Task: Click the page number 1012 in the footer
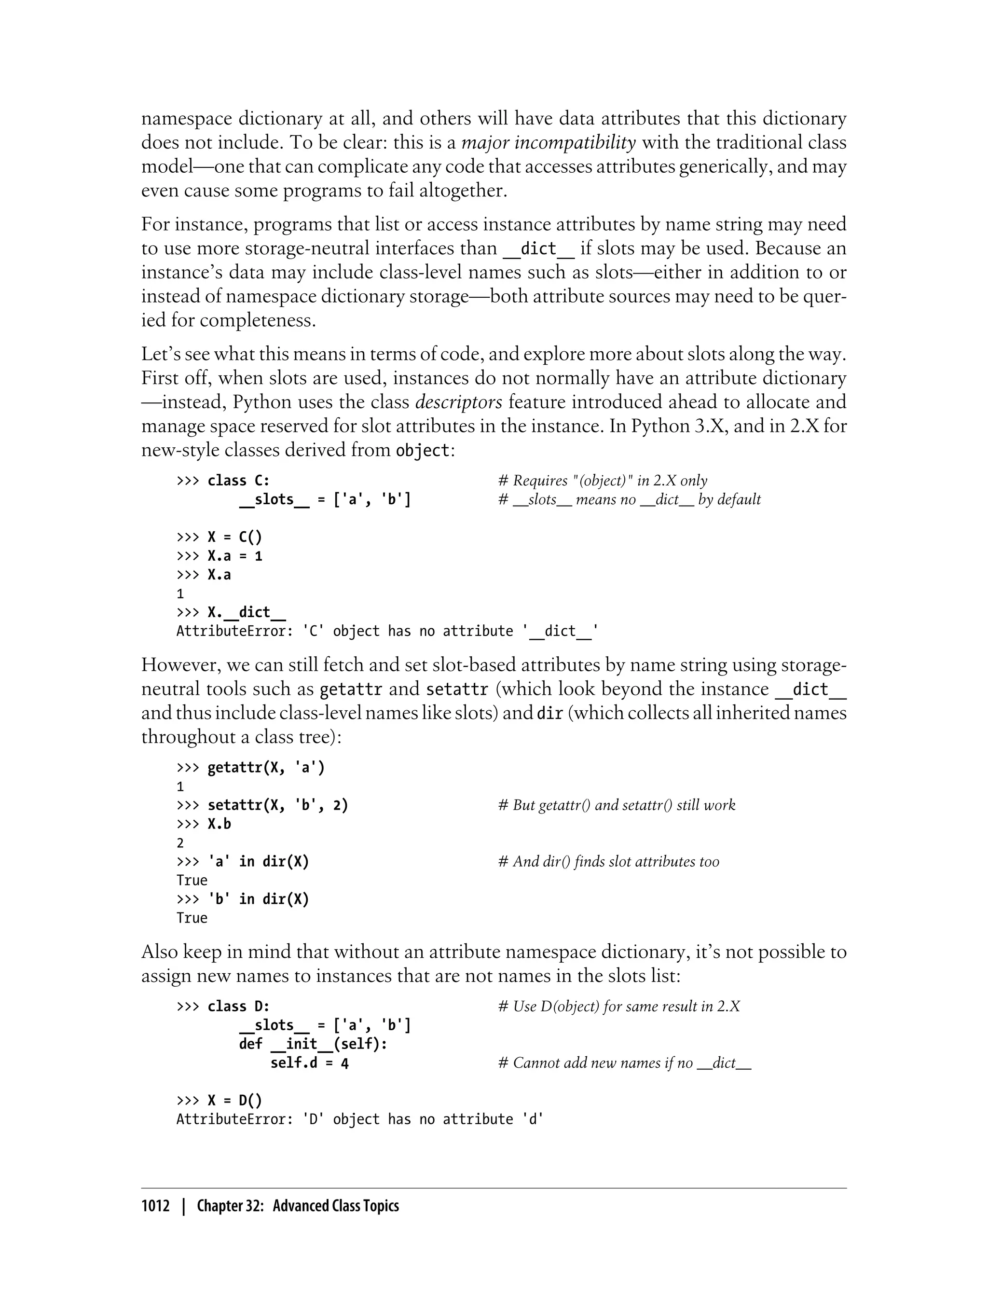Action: (x=155, y=1206)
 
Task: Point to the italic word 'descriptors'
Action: (x=459, y=402)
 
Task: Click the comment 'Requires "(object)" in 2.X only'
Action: (x=603, y=481)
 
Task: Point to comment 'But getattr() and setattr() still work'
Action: (x=617, y=805)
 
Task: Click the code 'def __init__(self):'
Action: (x=313, y=1044)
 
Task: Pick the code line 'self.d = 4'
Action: (x=309, y=1063)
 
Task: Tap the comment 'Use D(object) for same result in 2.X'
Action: (x=618, y=1007)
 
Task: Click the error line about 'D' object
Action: (x=360, y=1119)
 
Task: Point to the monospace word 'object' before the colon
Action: (x=422, y=451)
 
